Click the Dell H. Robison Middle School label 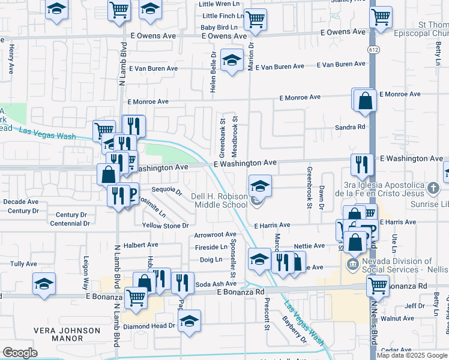[x=219, y=200]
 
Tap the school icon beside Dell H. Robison [x=260, y=185]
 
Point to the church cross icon [x=434, y=188]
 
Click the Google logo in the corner [x=20, y=353]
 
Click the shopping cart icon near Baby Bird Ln [x=256, y=19]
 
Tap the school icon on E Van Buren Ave [x=231, y=61]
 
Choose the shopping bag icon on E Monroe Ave [x=365, y=101]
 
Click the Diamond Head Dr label [x=149, y=326]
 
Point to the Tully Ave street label [x=24, y=264]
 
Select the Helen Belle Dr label [x=213, y=71]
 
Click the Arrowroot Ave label [x=215, y=235]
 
